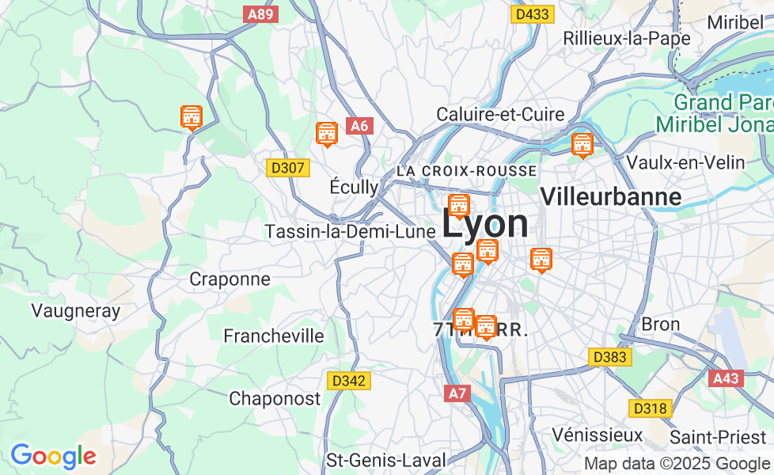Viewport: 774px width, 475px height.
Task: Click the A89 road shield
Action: (261, 14)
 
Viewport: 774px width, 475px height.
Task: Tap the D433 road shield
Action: (532, 14)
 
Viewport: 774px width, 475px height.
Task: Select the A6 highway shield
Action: (359, 126)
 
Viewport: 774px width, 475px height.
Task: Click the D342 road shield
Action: (349, 381)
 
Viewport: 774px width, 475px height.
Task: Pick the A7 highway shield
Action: (457, 393)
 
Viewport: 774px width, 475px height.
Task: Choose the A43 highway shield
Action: (726, 378)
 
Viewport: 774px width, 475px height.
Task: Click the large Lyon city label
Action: (485, 224)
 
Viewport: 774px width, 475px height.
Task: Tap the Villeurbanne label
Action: (610, 196)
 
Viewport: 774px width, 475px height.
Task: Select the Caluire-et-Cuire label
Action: (500, 114)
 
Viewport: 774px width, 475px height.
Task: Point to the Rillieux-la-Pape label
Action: (627, 37)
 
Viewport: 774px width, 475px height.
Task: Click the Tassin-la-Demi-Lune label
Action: (351, 231)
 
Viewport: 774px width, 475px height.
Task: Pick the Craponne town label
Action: (230, 279)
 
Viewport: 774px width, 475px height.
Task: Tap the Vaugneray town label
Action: (76, 310)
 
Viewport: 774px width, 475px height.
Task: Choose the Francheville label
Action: (274, 336)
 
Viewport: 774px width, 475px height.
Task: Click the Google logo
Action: (53, 456)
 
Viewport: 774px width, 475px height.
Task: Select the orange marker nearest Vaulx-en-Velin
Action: (582, 145)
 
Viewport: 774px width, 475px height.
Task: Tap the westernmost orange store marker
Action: (191, 118)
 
